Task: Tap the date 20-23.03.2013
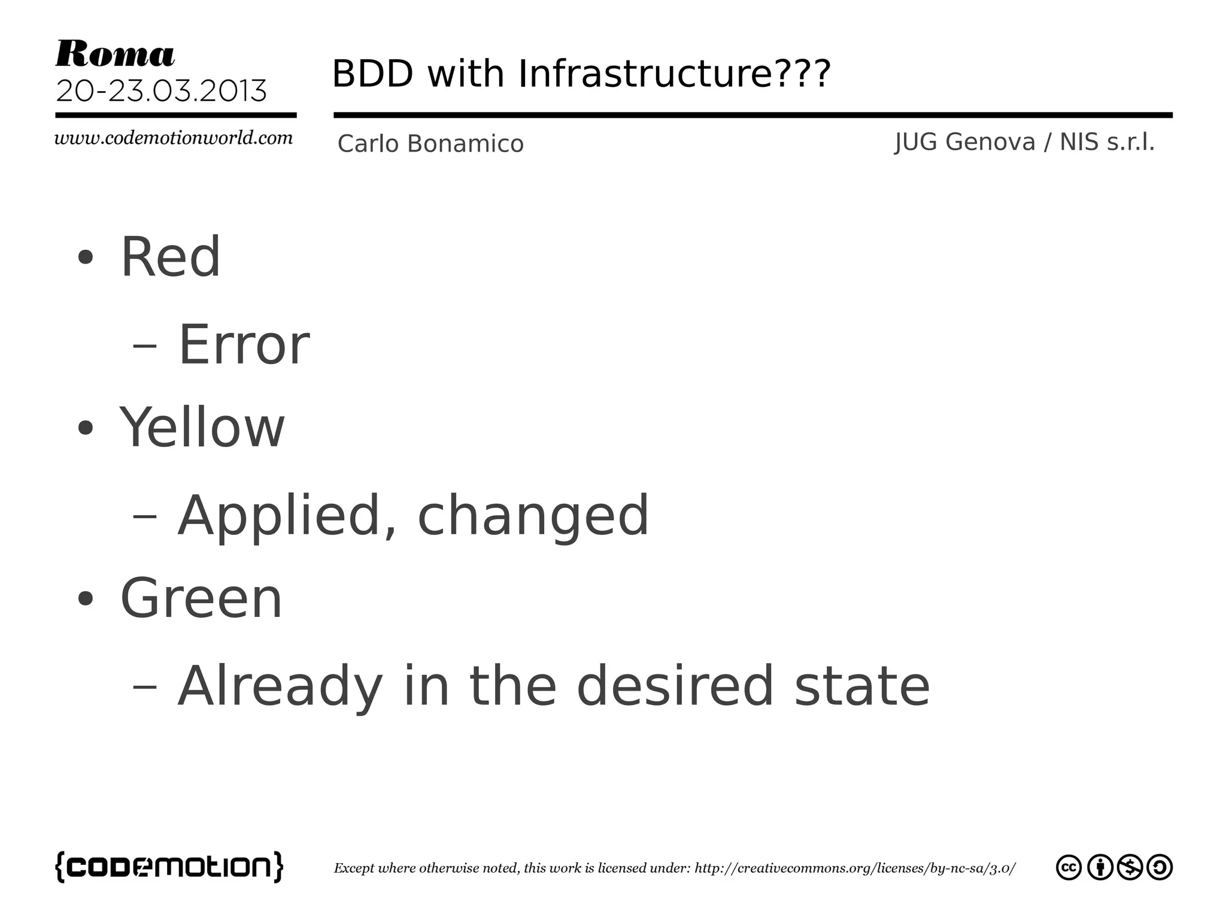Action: tap(161, 91)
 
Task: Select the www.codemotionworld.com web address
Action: tap(174, 138)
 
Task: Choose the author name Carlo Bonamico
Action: tap(430, 144)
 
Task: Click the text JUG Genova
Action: tap(964, 142)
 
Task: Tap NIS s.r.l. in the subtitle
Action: tap(1107, 142)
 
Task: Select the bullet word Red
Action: tap(171, 257)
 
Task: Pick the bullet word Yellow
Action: tap(202, 427)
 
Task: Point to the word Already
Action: tap(280, 686)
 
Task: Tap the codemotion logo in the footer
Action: tap(169, 867)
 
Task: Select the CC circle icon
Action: tap(1069, 867)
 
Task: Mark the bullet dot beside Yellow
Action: tap(86, 428)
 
